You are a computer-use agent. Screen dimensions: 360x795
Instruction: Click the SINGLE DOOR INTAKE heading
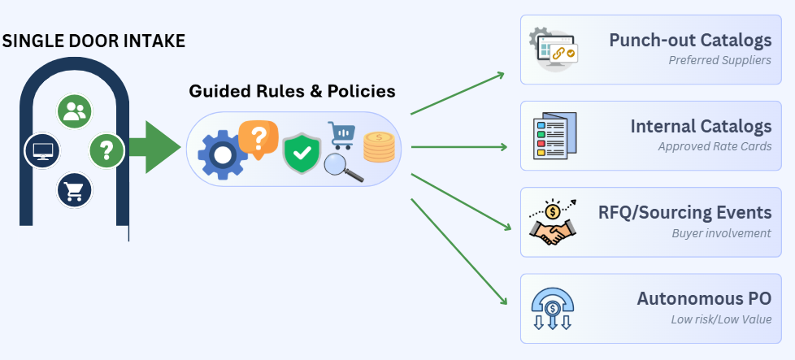click(93, 40)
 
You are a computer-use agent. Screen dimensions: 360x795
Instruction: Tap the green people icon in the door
click(74, 111)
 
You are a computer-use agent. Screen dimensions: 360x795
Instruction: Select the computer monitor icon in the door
click(41, 151)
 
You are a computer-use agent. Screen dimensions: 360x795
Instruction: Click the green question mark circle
click(106, 150)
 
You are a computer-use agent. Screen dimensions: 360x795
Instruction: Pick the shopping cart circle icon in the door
click(73, 191)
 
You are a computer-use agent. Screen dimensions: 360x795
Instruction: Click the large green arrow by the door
click(155, 147)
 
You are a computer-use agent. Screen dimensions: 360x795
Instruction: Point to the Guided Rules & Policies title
click(292, 91)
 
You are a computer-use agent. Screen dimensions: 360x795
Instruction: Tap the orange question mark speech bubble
click(258, 139)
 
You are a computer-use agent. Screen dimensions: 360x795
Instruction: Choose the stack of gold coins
click(379, 148)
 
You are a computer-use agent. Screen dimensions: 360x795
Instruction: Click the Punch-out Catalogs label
click(690, 40)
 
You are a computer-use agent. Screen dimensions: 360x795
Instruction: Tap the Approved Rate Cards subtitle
click(715, 147)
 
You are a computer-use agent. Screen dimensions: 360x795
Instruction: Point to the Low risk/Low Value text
click(721, 319)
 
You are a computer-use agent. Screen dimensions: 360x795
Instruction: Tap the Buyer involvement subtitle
click(721, 233)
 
